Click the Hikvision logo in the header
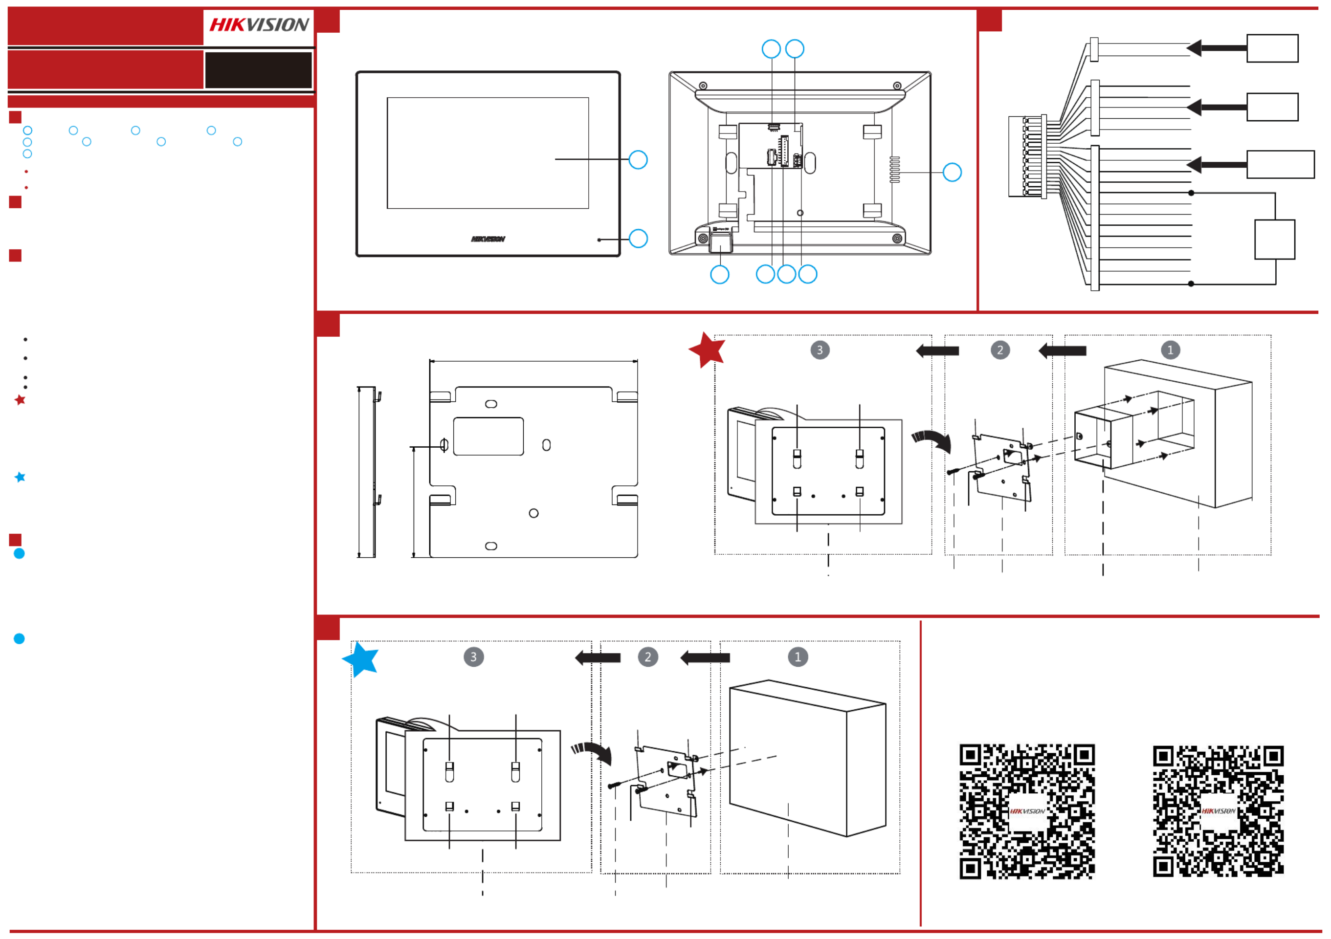click(259, 25)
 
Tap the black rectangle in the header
click(258, 70)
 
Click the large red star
click(707, 349)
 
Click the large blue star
click(360, 659)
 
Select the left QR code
click(1027, 811)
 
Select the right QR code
click(1218, 811)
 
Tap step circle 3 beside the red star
click(820, 350)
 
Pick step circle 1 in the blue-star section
click(798, 657)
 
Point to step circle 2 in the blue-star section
click(647, 657)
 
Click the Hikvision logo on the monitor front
click(488, 239)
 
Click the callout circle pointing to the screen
click(638, 159)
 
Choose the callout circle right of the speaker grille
click(952, 172)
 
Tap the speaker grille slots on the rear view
click(894, 169)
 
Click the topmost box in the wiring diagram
click(1272, 48)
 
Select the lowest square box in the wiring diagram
click(1274, 240)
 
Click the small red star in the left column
click(20, 400)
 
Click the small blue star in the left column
click(20, 477)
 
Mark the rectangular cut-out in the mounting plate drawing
click(488, 437)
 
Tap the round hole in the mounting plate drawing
click(533, 513)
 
